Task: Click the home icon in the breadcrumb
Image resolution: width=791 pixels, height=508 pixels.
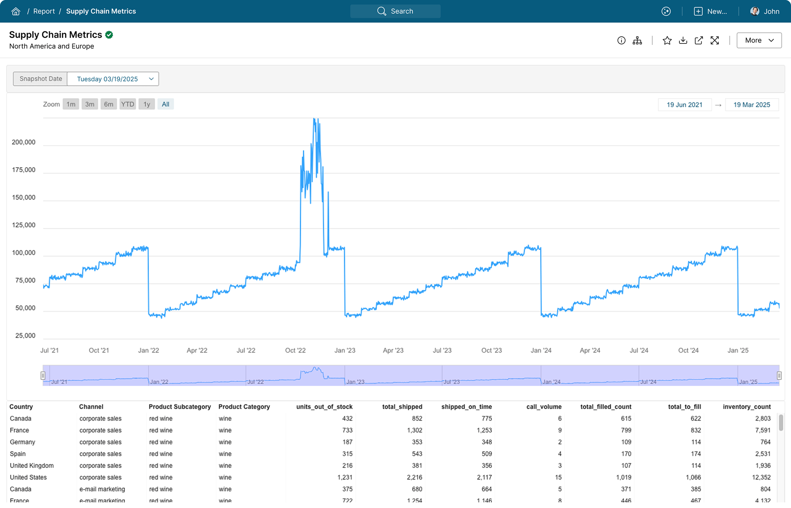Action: point(16,11)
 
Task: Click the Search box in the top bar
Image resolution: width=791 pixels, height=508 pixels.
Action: point(395,11)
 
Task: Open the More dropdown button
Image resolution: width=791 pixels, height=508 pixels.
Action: point(759,40)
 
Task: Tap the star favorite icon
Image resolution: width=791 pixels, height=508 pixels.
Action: point(667,41)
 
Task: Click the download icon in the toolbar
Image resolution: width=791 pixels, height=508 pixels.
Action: point(683,41)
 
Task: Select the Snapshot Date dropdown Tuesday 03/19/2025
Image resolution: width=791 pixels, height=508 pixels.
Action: point(113,79)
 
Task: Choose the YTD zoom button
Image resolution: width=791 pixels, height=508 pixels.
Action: point(127,104)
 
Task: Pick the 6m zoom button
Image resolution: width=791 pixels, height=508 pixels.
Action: point(108,104)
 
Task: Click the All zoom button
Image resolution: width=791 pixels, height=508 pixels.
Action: point(165,104)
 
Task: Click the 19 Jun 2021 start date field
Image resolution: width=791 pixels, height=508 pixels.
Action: point(684,105)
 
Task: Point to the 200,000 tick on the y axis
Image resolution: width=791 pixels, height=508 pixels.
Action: point(24,142)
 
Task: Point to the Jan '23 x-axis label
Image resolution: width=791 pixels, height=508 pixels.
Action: point(345,350)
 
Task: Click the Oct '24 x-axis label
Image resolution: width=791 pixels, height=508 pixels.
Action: point(688,350)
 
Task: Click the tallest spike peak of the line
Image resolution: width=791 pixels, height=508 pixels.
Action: point(315,119)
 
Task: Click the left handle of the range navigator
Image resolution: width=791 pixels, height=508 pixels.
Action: point(43,375)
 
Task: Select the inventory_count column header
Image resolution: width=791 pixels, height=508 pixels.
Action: point(747,407)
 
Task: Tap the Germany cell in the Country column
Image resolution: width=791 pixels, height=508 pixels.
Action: point(23,442)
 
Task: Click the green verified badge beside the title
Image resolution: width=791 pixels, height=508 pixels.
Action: point(109,35)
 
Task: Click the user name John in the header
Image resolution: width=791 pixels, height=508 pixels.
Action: point(771,11)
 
